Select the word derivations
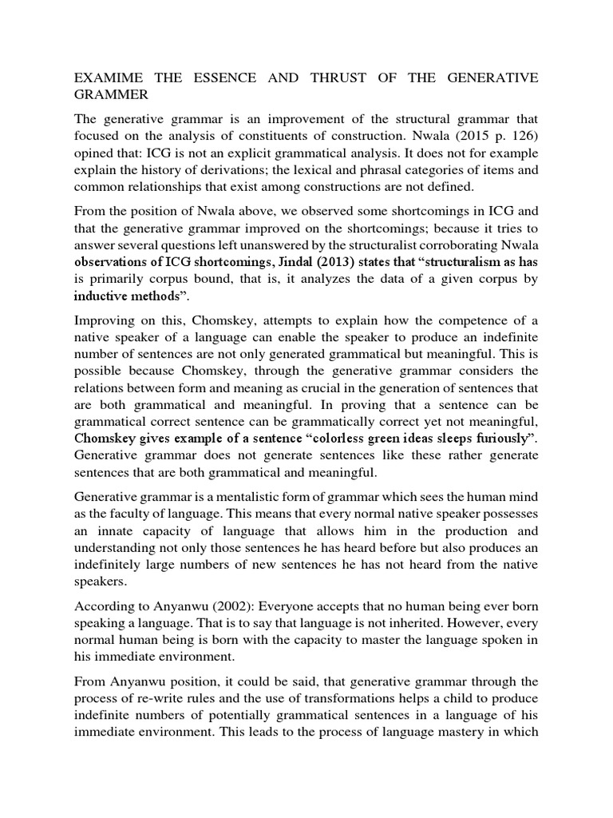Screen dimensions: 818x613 257,171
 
